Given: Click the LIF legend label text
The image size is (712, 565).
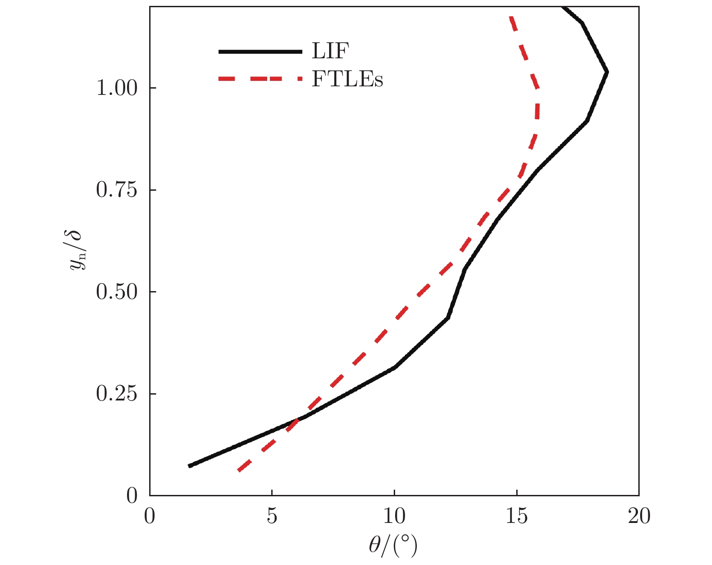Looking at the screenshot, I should [x=330, y=51].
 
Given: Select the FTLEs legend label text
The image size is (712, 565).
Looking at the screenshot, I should [x=347, y=79].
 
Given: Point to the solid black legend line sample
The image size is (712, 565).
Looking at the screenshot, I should [x=260, y=52].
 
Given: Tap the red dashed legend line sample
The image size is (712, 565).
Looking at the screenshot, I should [x=260, y=79].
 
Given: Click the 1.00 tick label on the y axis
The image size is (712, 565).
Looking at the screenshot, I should [x=117, y=88].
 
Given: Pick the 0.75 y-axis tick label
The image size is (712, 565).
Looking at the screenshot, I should [x=117, y=190].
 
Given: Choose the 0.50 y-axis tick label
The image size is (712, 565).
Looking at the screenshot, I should [x=117, y=292].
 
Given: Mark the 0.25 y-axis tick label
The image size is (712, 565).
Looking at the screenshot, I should [x=117, y=394].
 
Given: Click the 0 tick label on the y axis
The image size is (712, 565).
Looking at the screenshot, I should [x=132, y=496].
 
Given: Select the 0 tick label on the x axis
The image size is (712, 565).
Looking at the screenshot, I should [x=150, y=516].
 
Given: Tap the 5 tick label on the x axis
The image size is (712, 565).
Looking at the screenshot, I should [x=272, y=516].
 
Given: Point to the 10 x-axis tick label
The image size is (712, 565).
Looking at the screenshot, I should [x=394, y=516].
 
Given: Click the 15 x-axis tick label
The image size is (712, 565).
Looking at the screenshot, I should [x=517, y=516].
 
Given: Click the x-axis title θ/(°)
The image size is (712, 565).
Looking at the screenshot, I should [x=393, y=546].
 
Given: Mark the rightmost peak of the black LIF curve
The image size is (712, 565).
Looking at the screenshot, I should [x=607, y=72].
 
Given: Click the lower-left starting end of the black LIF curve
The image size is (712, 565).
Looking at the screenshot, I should [x=190, y=466].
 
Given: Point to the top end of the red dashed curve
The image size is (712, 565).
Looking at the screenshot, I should [x=511, y=17].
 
